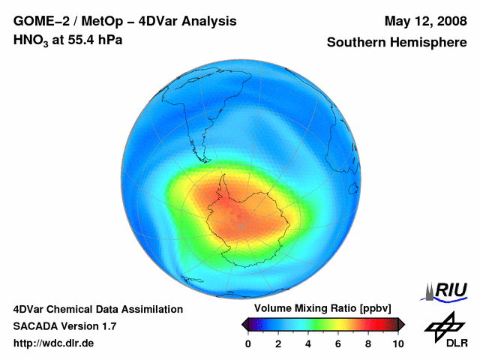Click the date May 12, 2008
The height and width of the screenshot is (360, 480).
[424, 22]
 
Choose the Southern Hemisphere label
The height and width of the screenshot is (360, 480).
[397, 43]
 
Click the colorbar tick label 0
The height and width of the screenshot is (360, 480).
[248, 343]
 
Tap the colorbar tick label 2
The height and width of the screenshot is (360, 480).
[278, 343]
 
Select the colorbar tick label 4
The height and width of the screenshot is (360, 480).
[308, 343]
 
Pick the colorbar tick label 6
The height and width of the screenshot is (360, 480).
[338, 343]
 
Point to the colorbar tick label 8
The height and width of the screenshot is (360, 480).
[368, 343]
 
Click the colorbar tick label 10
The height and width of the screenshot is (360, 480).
[397, 343]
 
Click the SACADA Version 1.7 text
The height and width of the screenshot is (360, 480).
[64, 326]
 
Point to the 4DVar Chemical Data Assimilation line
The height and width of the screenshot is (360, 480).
[97, 309]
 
